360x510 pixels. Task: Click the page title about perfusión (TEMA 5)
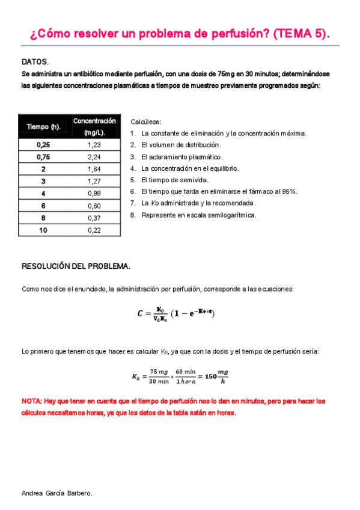pos(180,34)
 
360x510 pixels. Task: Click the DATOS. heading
pos(35,61)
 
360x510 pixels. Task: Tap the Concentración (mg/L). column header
pos(94,126)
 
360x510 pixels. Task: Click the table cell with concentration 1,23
pos(94,145)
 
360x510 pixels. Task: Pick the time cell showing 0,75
pos(43,157)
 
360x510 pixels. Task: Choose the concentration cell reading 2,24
pos(94,157)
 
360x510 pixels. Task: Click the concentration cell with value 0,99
pos(94,193)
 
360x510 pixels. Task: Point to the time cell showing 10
pos(43,230)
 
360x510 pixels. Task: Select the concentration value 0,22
pos(94,230)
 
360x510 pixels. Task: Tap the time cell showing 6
pos(43,205)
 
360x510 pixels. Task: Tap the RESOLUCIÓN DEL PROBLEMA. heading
pos(76,266)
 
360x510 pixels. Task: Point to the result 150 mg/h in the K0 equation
pos(216,376)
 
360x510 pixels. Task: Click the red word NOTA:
pos(31,401)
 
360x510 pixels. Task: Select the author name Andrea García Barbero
pos(56,493)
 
